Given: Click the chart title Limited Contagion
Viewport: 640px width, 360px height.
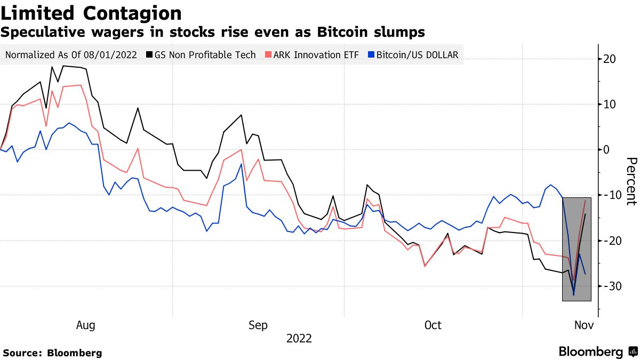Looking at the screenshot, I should pos(91,13).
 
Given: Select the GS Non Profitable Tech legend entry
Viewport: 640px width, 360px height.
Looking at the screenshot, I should pos(205,55).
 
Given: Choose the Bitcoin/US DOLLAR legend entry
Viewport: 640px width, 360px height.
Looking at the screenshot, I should pos(417,55).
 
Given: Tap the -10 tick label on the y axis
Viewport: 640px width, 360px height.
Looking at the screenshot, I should pos(610,195).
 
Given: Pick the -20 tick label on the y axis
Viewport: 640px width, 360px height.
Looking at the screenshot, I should pos(610,241).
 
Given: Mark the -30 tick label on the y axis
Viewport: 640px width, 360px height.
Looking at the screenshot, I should pos(610,286).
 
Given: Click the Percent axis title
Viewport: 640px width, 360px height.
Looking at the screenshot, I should pos(631,181).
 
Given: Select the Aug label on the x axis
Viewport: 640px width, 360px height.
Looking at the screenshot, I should pos(86,325).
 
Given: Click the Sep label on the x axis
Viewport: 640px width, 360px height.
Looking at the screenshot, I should pos(258,325).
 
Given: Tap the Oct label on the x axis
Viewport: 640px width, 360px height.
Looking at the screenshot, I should pos(433,325).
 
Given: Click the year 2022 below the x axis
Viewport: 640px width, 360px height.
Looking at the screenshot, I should pos(299,339).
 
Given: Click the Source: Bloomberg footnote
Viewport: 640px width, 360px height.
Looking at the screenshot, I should pos(52,353).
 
